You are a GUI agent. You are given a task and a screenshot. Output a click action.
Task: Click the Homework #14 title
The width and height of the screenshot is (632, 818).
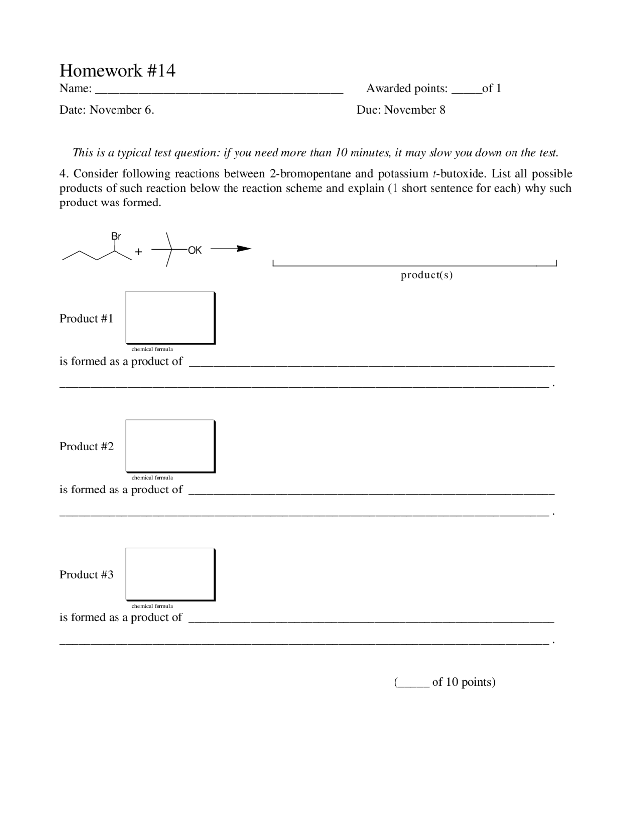118,71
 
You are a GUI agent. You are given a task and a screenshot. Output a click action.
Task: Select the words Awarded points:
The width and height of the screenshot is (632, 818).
407,89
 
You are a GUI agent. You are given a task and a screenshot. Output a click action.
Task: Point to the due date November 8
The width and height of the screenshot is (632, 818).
415,110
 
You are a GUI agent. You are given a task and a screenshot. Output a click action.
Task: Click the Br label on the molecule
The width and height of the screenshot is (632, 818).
116,236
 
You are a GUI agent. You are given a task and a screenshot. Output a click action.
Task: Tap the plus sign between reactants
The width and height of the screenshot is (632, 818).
138,252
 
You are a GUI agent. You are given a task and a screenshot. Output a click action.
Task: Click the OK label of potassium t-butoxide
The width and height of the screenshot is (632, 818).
195,250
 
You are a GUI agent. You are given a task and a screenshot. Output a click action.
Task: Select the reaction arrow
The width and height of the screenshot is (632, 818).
231,249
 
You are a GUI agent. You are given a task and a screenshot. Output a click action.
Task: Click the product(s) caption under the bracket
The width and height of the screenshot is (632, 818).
427,275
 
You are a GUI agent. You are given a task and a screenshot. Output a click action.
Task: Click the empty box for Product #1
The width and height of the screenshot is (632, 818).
170,317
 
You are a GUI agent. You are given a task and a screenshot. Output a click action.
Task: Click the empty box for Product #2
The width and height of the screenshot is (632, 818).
170,446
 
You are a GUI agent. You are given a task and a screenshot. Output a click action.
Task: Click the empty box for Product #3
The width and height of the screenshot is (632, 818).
170,573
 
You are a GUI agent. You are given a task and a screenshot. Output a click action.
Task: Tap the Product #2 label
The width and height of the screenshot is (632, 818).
86,447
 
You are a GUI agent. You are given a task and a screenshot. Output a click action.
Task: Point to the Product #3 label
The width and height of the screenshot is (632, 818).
86,574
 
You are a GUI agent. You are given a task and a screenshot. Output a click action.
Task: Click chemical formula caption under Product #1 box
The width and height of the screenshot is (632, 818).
152,349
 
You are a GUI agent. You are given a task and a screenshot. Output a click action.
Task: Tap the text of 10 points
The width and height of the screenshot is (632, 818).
463,682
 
